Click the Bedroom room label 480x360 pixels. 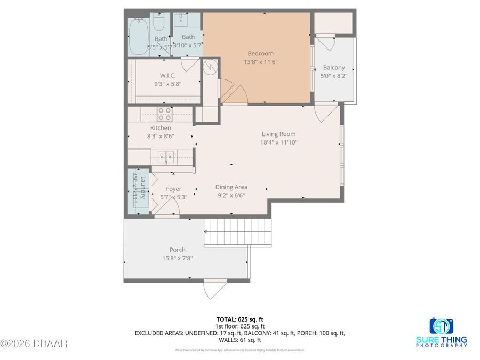point(260,53)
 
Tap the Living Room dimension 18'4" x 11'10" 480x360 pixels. point(278,142)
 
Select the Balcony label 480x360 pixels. point(334,68)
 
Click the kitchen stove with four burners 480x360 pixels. point(164,114)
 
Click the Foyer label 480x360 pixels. point(174,189)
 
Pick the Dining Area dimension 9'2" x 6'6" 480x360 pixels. point(231,195)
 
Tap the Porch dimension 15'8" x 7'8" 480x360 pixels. point(177,258)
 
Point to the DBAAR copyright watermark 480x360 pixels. point(34,343)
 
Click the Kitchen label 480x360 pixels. point(160,128)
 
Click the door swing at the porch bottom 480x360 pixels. point(213,290)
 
